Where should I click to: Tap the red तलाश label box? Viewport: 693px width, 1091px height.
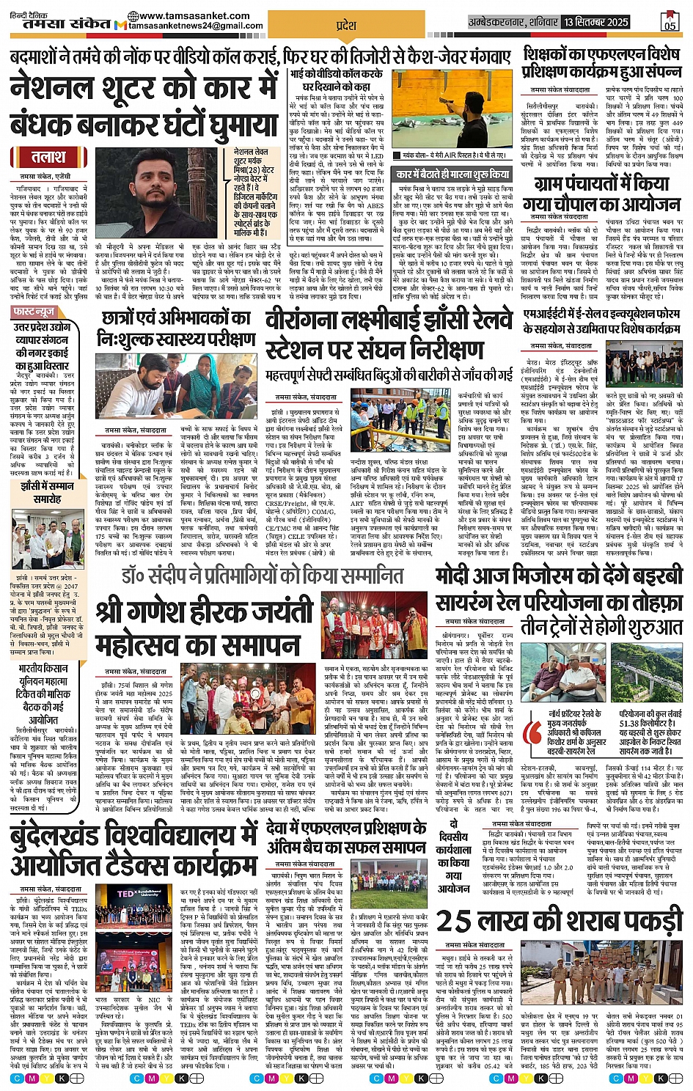[48, 157]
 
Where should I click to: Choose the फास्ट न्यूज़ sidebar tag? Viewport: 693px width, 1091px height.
[35, 312]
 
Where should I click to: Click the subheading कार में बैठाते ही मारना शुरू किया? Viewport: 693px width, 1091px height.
[452, 175]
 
